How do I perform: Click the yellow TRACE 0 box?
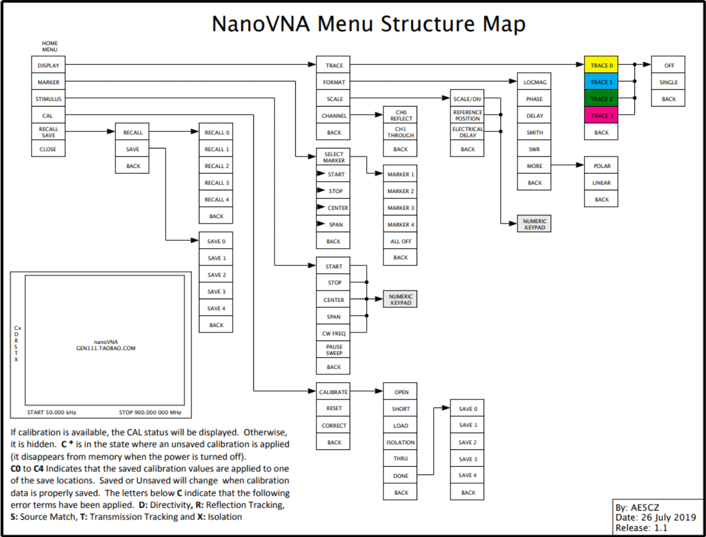coord(601,65)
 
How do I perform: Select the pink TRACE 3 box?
coord(601,116)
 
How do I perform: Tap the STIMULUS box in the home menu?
coord(48,99)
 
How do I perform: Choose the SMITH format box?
coord(534,132)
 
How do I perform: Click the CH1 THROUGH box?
coord(401,132)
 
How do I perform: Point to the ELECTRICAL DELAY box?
coord(468,132)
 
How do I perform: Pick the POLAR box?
coord(601,166)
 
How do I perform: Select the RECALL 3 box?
coord(216,183)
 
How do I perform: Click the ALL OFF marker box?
coord(401,241)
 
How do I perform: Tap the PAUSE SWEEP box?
coord(334,350)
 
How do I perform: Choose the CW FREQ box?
coord(334,333)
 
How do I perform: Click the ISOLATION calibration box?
coord(401,442)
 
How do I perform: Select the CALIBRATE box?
coord(334,392)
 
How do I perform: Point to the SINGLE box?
coord(668,82)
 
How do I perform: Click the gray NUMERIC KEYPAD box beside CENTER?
coord(401,300)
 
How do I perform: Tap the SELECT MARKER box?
coord(334,158)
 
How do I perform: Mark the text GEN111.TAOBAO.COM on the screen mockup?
coord(105,348)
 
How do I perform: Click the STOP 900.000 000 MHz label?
coord(150,412)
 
